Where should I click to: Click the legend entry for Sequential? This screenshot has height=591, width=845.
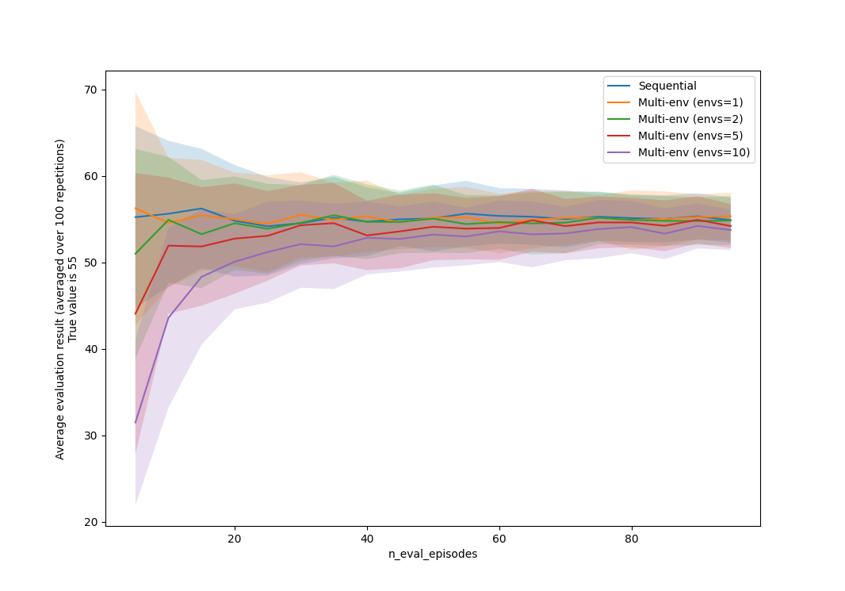coord(667,86)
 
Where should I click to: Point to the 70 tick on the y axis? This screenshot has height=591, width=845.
coord(91,90)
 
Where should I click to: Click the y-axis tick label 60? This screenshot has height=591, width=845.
coord(91,176)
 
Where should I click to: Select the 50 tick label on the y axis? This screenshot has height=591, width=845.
coord(91,263)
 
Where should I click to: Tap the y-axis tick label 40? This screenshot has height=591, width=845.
coord(91,349)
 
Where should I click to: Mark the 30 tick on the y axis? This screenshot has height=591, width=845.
coord(91,436)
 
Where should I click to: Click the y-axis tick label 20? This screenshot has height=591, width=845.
coord(91,522)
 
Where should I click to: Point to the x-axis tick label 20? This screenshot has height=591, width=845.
coord(235,538)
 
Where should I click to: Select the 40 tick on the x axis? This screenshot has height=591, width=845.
coord(367,538)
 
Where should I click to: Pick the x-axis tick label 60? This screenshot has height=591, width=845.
coord(499,538)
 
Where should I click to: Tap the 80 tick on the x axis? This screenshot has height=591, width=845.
coord(632,538)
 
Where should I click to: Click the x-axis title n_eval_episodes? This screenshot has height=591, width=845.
coord(433,554)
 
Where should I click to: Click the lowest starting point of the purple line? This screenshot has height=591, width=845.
coord(136,422)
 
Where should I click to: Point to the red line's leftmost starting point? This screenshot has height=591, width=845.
coord(136,314)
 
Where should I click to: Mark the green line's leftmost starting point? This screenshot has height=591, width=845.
coord(136,254)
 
